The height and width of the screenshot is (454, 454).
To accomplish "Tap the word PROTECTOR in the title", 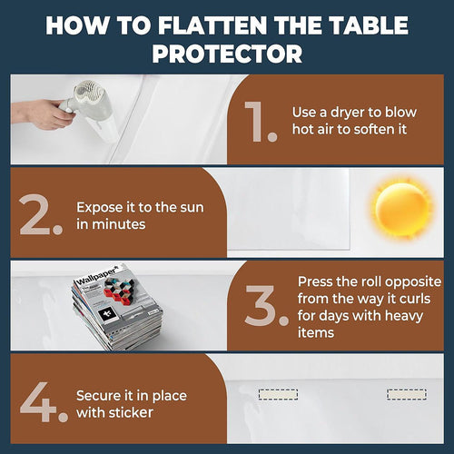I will coord(227,53).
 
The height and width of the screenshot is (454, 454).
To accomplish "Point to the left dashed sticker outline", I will coord(277,395).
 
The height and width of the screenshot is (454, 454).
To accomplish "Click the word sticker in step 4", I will coord(133,411).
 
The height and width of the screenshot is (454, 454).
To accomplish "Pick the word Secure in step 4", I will coord(99,395).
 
